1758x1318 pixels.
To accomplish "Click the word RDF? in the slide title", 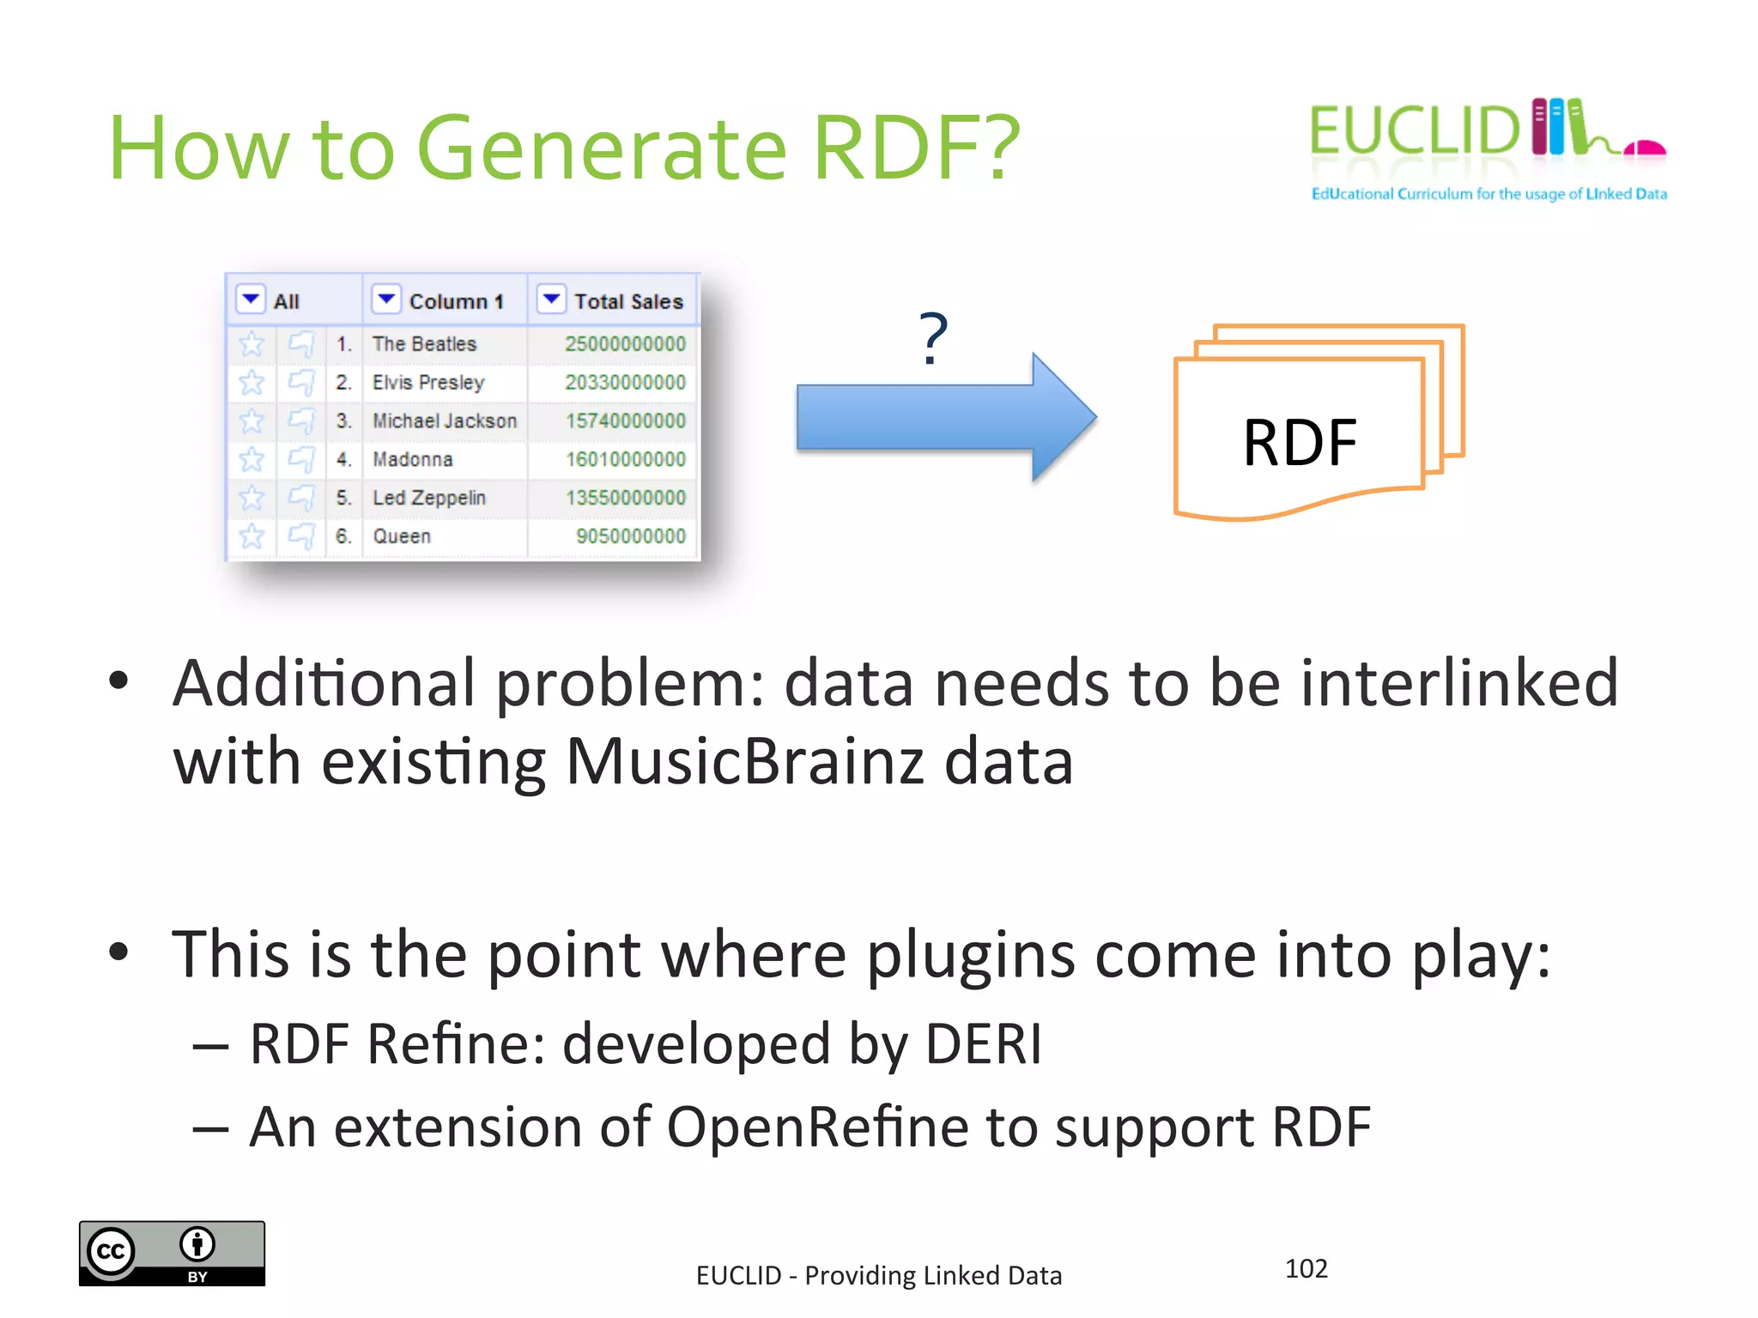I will [916, 148].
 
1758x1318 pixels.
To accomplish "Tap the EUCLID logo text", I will [1415, 131].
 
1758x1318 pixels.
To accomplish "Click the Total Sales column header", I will [628, 301].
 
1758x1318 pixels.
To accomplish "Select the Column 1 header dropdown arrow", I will [386, 299].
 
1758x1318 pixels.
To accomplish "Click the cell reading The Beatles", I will [424, 344].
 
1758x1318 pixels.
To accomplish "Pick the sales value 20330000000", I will [625, 383].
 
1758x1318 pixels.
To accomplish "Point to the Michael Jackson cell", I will [444, 420].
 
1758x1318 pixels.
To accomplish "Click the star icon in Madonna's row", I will [252, 460].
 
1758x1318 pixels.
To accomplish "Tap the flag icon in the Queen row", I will [301, 536].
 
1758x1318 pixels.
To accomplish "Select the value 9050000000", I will [630, 536].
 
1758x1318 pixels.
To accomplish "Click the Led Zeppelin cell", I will [428, 498].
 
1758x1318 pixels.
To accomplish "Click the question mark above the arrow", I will [933, 338].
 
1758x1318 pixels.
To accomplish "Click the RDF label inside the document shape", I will [1299, 443].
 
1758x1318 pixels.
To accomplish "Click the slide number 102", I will [1306, 1268].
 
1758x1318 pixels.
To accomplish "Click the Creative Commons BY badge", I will [172, 1253].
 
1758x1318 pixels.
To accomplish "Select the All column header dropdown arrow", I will [251, 299].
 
